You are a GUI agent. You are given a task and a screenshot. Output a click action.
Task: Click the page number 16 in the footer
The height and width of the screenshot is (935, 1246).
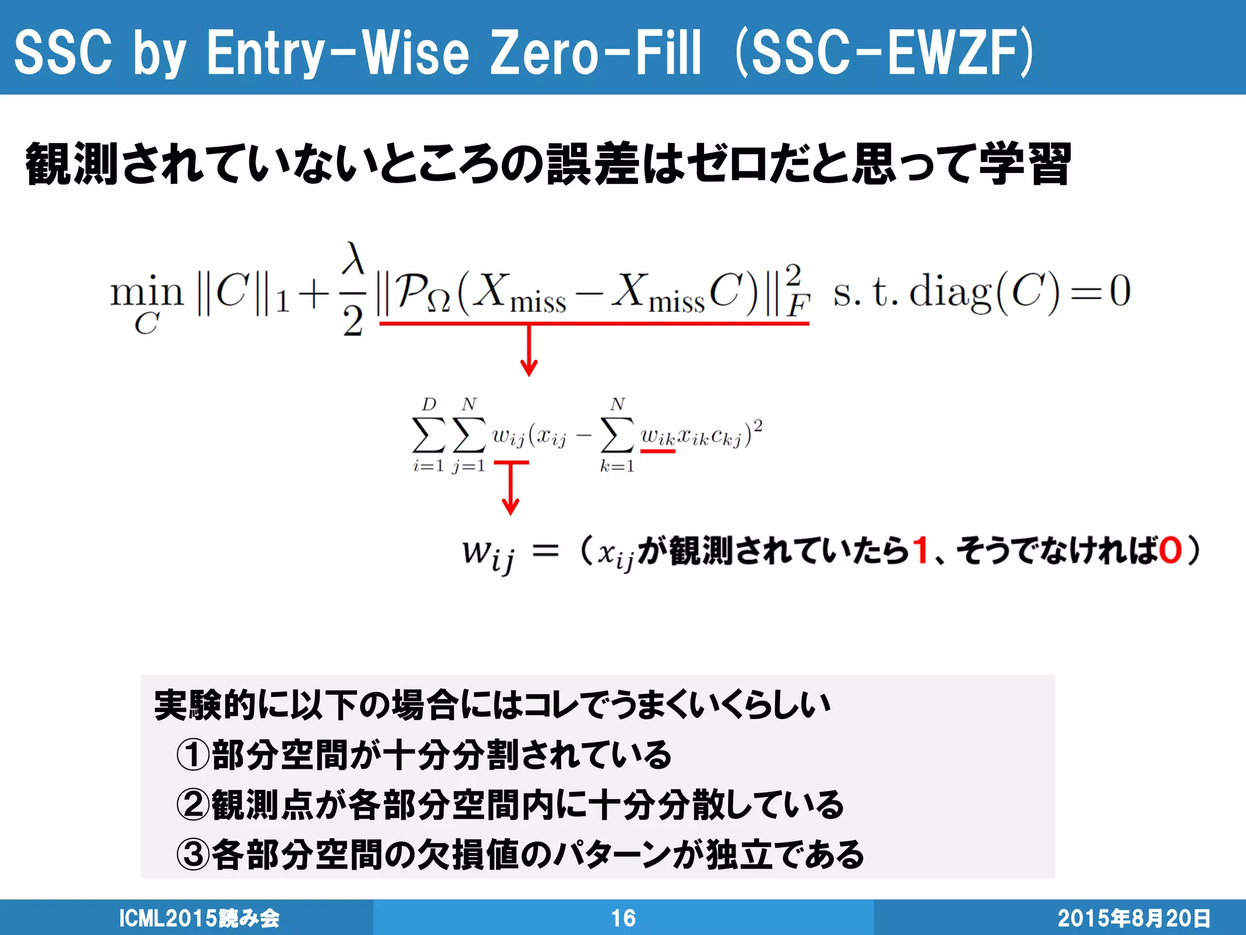click(x=623, y=918)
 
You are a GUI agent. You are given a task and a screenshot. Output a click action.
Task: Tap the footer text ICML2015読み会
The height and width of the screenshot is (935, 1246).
click(x=199, y=918)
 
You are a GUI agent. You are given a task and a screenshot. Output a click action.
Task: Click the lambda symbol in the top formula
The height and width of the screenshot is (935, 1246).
click(x=353, y=259)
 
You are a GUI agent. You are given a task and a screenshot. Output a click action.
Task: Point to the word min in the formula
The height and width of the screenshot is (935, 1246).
click(x=147, y=292)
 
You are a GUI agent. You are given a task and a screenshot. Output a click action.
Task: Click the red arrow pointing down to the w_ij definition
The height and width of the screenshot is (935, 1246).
click(x=510, y=489)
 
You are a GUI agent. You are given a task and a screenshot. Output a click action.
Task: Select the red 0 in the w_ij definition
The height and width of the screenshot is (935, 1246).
click(x=1169, y=550)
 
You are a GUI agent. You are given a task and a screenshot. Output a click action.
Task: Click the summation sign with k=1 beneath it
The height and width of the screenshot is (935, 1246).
click(x=618, y=435)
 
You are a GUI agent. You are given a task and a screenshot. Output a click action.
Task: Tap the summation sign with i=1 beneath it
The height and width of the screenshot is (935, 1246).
click(x=428, y=435)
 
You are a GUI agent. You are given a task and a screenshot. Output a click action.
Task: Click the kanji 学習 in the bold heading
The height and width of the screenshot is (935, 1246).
click(x=1025, y=164)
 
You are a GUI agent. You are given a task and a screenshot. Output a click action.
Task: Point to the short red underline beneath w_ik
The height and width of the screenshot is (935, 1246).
click(x=658, y=451)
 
